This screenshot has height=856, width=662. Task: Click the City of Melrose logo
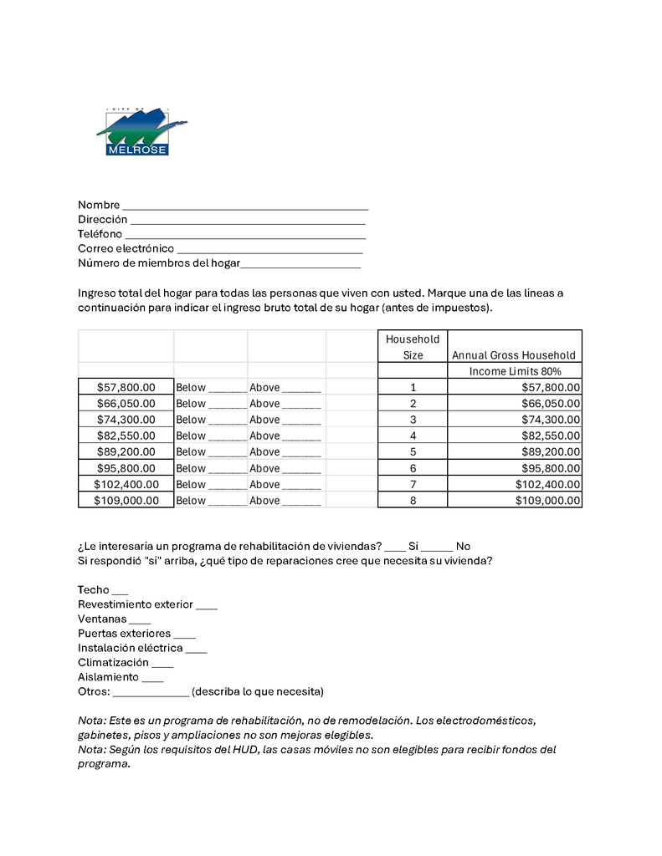(140, 133)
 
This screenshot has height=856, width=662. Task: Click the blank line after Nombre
(244, 206)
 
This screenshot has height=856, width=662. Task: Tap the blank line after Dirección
(248, 221)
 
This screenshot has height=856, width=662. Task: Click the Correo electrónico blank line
(269, 250)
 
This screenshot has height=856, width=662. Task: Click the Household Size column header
(413, 347)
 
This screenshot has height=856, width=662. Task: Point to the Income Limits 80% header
(514, 370)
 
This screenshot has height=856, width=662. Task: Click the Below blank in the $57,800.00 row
(227, 389)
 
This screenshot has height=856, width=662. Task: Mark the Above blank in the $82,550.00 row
(301, 437)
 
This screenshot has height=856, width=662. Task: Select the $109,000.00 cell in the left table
(126, 500)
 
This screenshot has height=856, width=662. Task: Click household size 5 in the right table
(413, 451)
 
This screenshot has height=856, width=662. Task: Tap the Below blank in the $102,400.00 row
(227, 486)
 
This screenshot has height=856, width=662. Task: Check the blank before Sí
(395, 548)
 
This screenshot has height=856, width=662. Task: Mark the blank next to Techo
(120, 592)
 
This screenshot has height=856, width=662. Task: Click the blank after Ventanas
(140, 621)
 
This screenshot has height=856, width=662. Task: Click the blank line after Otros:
(151, 694)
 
